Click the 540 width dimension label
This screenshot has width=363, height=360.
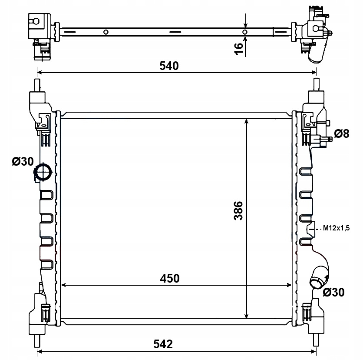point(169,66)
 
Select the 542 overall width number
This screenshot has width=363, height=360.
point(163,344)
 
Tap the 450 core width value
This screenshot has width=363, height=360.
point(170,278)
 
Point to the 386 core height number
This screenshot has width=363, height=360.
point(238,210)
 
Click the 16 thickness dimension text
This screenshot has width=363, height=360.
point(239,49)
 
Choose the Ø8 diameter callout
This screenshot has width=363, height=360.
point(341,134)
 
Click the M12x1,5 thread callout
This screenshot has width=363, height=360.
point(336,228)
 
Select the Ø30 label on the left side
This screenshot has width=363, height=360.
point(23,161)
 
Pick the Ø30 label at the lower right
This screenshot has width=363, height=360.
point(333,292)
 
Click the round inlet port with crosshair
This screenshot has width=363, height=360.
point(43,172)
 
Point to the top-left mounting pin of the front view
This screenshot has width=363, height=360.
point(37,85)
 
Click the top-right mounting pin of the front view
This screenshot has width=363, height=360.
point(316,84)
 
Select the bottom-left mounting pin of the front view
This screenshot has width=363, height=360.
point(37,341)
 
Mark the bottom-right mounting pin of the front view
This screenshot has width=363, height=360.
point(316,340)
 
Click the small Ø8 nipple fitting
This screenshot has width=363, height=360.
point(327,139)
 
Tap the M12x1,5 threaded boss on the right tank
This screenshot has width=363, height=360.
point(311,229)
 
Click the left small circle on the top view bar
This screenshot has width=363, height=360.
point(106,32)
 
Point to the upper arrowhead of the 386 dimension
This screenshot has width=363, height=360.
point(246,122)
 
